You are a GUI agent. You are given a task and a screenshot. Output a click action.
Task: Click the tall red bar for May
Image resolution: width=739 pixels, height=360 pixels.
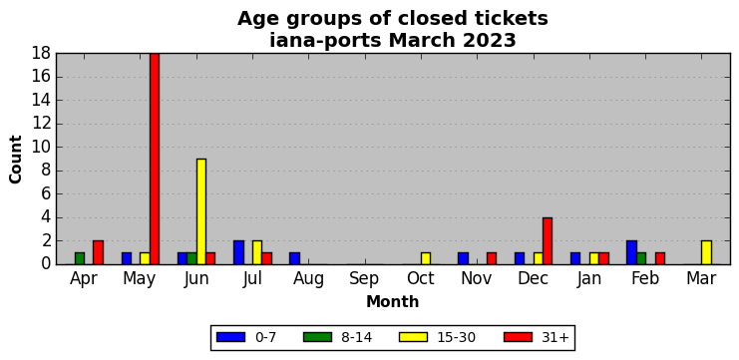point(155,159)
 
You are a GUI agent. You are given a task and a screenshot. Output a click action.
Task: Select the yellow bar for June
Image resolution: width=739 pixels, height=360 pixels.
point(201,211)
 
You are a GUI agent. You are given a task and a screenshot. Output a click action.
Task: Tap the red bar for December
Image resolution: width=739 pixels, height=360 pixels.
point(548,240)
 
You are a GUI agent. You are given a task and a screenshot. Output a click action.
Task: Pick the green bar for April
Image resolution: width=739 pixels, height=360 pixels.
point(80,258)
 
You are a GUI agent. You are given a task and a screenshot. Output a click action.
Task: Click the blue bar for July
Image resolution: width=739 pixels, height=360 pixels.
point(239,252)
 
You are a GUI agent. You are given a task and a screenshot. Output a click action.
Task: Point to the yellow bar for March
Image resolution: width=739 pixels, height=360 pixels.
point(706,252)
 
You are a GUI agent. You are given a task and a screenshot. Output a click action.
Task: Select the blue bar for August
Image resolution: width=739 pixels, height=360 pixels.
point(294,258)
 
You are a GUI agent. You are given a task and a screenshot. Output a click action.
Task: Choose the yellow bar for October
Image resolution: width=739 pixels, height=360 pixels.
point(426,258)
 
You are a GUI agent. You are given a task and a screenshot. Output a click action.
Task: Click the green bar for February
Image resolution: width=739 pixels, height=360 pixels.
point(641,258)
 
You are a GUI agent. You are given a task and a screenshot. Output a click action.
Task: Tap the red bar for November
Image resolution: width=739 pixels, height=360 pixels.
point(492,258)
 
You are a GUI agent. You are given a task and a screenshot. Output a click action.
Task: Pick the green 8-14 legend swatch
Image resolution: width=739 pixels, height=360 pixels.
point(317,337)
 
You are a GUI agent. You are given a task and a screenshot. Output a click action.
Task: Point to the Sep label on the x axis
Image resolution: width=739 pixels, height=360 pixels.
point(364,279)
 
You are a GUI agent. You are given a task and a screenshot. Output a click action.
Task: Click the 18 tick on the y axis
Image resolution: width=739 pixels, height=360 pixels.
point(41,53)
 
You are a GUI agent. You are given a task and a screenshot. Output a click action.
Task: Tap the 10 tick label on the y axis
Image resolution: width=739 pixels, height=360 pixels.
point(41,147)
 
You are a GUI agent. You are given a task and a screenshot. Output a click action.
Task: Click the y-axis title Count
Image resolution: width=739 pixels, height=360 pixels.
point(16,160)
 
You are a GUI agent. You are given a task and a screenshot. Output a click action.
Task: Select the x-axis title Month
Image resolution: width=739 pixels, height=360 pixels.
point(393,301)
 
